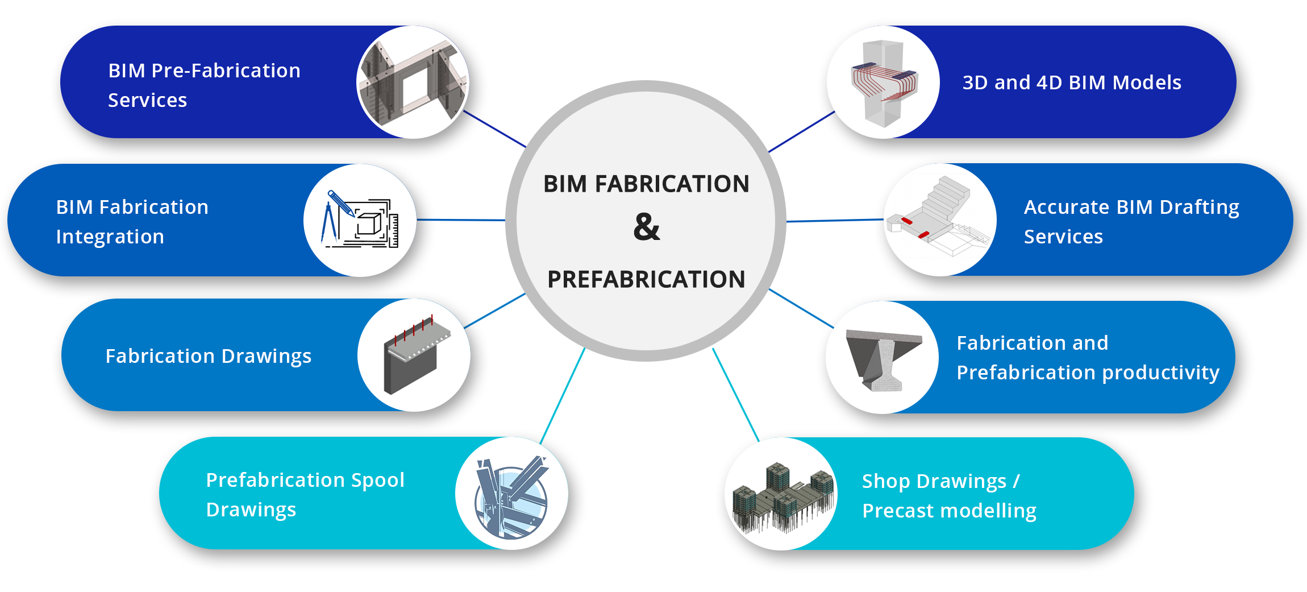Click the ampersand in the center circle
tap(647, 227)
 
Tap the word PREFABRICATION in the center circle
tap(646, 279)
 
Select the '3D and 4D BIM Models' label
tap(1072, 82)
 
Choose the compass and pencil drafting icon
tap(360, 220)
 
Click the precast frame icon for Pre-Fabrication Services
tap(413, 82)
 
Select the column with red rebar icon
tap(883, 83)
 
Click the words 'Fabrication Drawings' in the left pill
tap(209, 357)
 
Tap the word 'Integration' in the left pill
tap(110, 237)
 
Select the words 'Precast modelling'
tap(950, 511)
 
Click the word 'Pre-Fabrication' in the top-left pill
tap(226, 71)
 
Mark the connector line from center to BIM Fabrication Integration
tap(461, 220)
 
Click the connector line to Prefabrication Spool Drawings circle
tap(562, 396)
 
